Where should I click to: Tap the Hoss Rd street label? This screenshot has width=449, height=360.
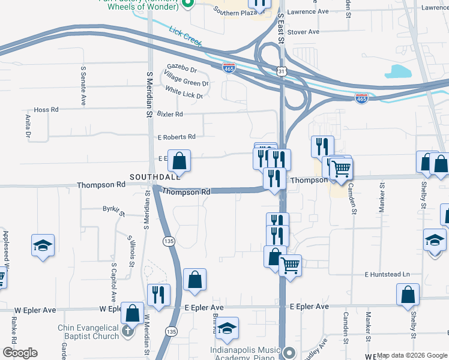point(46,110)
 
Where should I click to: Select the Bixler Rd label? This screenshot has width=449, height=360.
point(170,113)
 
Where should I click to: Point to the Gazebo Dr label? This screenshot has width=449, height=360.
point(182,70)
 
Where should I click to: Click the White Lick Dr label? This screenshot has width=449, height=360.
point(184,92)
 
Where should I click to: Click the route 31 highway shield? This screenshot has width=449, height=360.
point(282,71)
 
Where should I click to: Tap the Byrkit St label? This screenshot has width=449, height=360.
point(113,211)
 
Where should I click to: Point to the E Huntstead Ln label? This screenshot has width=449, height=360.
point(387,274)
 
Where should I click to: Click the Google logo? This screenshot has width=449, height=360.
point(20,353)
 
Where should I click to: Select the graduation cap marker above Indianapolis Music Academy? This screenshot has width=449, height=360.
point(227,328)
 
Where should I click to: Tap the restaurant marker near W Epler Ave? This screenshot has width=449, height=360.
point(158,294)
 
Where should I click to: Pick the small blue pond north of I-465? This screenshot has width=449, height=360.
point(398,71)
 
